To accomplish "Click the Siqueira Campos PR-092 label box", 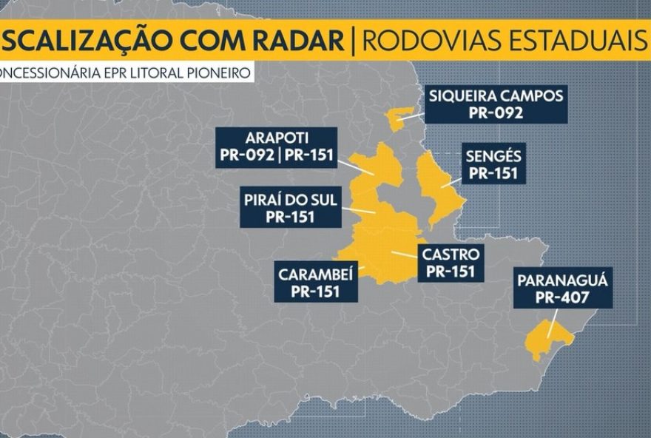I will coord(496,104).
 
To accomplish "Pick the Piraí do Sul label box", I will coord(291,208).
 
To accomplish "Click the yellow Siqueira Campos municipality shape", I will coord(399,118).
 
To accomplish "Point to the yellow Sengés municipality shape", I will coord(436,185).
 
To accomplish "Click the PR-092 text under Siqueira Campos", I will coord(496,113).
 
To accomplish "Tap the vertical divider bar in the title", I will coord(354,39).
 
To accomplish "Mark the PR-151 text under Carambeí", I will coord(316,292).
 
